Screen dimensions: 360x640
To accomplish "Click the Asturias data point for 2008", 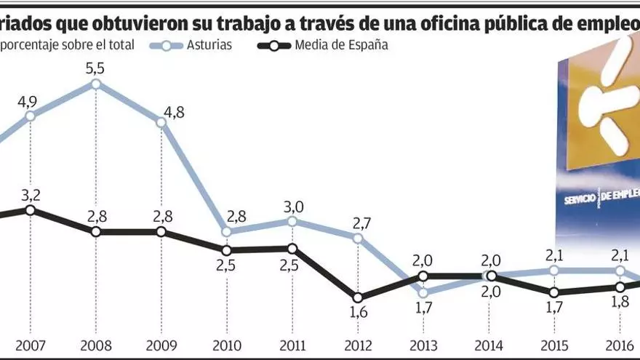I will (96, 84).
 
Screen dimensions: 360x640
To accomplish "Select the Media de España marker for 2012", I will (357, 297).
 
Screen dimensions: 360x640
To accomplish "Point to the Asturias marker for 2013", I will (423, 293).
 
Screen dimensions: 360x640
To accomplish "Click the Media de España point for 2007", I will (31, 210).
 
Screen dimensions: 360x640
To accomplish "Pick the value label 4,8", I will (172, 113).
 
